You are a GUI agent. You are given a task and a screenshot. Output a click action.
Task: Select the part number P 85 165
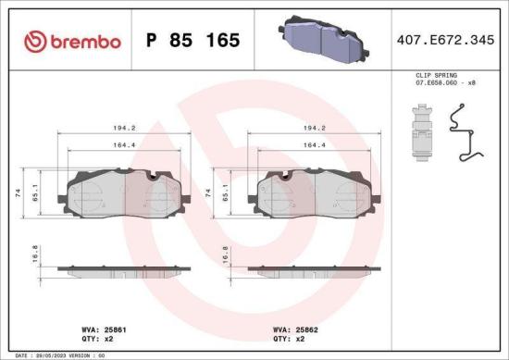[x=193, y=41]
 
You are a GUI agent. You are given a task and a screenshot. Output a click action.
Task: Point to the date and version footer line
[x=56, y=354]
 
